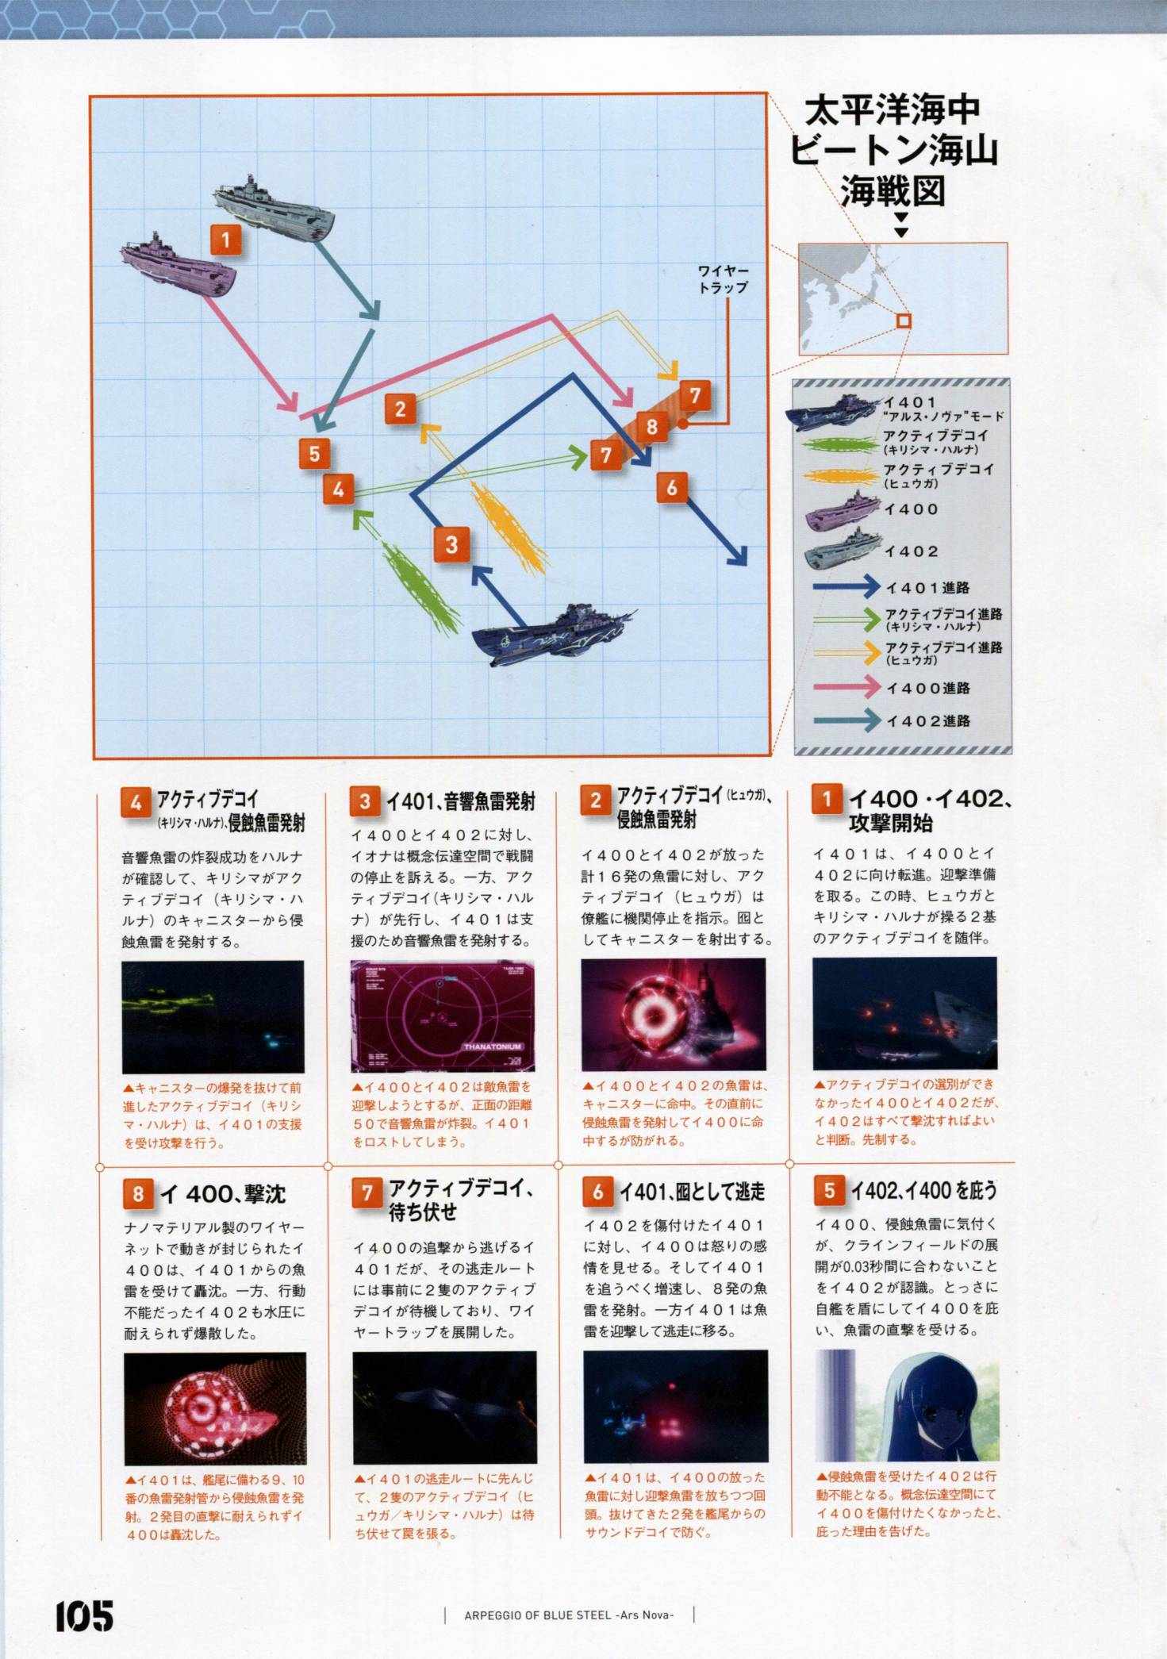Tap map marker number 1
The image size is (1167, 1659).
point(226,239)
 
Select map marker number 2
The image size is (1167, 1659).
point(401,409)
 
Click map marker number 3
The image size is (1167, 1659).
point(451,544)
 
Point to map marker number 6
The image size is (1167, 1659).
point(672,487)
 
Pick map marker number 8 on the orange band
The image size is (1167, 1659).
point(652,427)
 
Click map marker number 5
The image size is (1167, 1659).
point(315,454)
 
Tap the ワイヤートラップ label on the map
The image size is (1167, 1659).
point(723,279)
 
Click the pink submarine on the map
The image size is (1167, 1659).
point(179,265)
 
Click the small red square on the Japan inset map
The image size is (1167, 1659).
point(903,321)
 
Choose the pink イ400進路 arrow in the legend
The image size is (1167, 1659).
point(847,687)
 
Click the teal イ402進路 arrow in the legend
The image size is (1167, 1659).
point(847,720)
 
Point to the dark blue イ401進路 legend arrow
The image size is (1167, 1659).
point(847,587)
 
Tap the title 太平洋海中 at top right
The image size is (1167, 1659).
point(892,112)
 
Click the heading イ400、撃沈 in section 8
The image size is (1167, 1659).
point(222,1193)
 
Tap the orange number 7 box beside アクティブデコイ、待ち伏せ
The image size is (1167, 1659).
point(367,1192)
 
